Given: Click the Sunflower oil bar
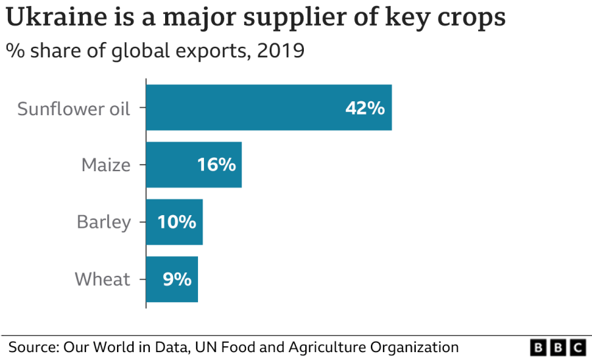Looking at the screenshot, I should pyautogui.click(x=268, y=108).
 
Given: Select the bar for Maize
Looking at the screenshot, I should pyautogui.click(x=193, y=165).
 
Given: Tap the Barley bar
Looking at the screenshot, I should pyautogui.click(x=174, y=222).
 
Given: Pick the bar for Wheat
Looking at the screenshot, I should pyautogui.click(x=172, y=279).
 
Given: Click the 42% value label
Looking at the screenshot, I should pyautogui.click(x=365, y=108).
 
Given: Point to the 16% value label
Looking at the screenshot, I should pyautogui.click(x=216, y=165).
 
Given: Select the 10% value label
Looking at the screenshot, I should pyautogui.click(x=176, y=222).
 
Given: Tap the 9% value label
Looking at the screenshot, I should pyautogui.click(x=177, y=279).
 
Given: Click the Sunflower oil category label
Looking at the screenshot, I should pyautogui.click(x=74, y=108).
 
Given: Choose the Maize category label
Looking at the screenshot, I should pyautogui.click(x=106, y=165).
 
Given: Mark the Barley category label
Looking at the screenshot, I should pyautogui.click(x=104, y=222).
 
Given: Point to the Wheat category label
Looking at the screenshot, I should pyautogui.click(x=103, y=279).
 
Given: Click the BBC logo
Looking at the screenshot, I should pyautogui.click(x=558, y=347).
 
